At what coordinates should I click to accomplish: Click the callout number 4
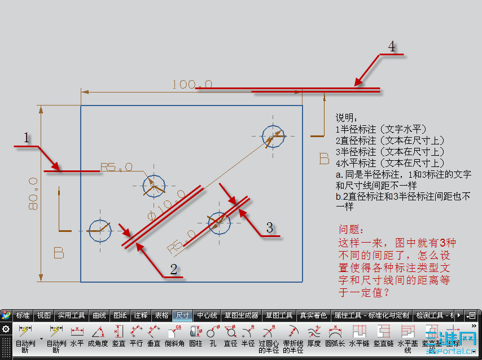(x=391, y=46)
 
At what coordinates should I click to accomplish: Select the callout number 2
(x=174, y=269)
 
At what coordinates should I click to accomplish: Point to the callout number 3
(x=270, y=227)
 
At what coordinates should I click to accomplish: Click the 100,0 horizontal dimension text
(x=192, y=85)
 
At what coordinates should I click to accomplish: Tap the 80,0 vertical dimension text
(x=32, y=194)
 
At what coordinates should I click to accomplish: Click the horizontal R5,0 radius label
(x=116, y=167)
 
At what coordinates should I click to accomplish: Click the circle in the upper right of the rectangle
(x=274, y=135)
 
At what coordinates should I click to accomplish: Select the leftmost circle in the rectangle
(x=100, y=229)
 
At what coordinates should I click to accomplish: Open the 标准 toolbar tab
(x=23, y=315)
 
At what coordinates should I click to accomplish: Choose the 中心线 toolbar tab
(x=207, y=315)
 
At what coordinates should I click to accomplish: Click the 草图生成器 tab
(x=241, y=315)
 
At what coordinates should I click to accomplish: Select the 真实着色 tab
(x=313, y=315)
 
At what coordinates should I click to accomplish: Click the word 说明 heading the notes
(x=346, y=117)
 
